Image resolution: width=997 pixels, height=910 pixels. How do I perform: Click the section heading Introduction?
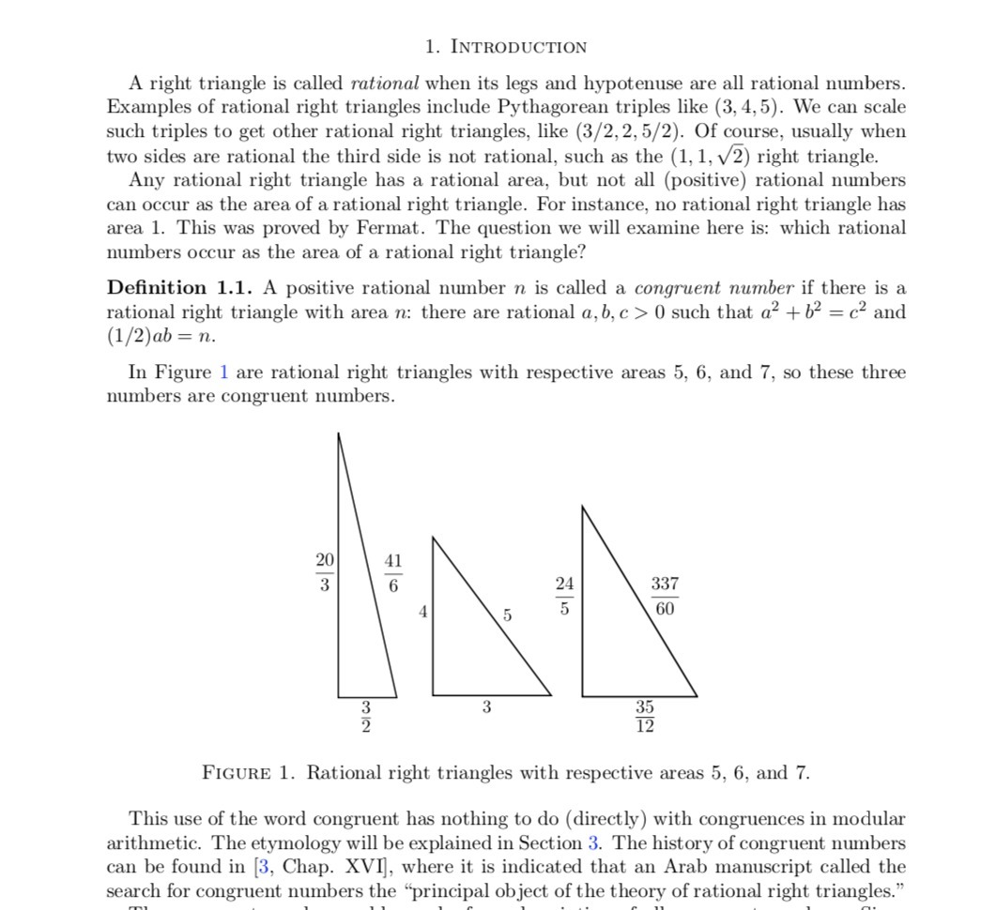click(x=505, y=47)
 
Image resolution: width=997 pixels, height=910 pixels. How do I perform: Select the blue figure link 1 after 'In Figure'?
click(x=223, y=372)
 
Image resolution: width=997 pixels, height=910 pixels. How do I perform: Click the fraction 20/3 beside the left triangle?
click(x=324, y=571)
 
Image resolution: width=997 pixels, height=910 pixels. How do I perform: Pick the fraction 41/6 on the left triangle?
click(x=392, y=571)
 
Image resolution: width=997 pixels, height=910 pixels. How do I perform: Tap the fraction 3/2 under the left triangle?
click(x=367, y=717)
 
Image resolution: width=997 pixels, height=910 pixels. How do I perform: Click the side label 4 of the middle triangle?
click(x=423, y=612)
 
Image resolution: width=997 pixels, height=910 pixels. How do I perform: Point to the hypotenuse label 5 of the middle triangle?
click(x=507, y=615)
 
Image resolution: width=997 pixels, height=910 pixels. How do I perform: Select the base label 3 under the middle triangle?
click(x=486, y=707)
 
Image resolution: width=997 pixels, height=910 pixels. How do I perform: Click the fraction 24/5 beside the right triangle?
click(x=563, y=595)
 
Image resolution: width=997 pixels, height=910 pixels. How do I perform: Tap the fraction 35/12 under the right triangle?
click(x=644, y=717)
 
